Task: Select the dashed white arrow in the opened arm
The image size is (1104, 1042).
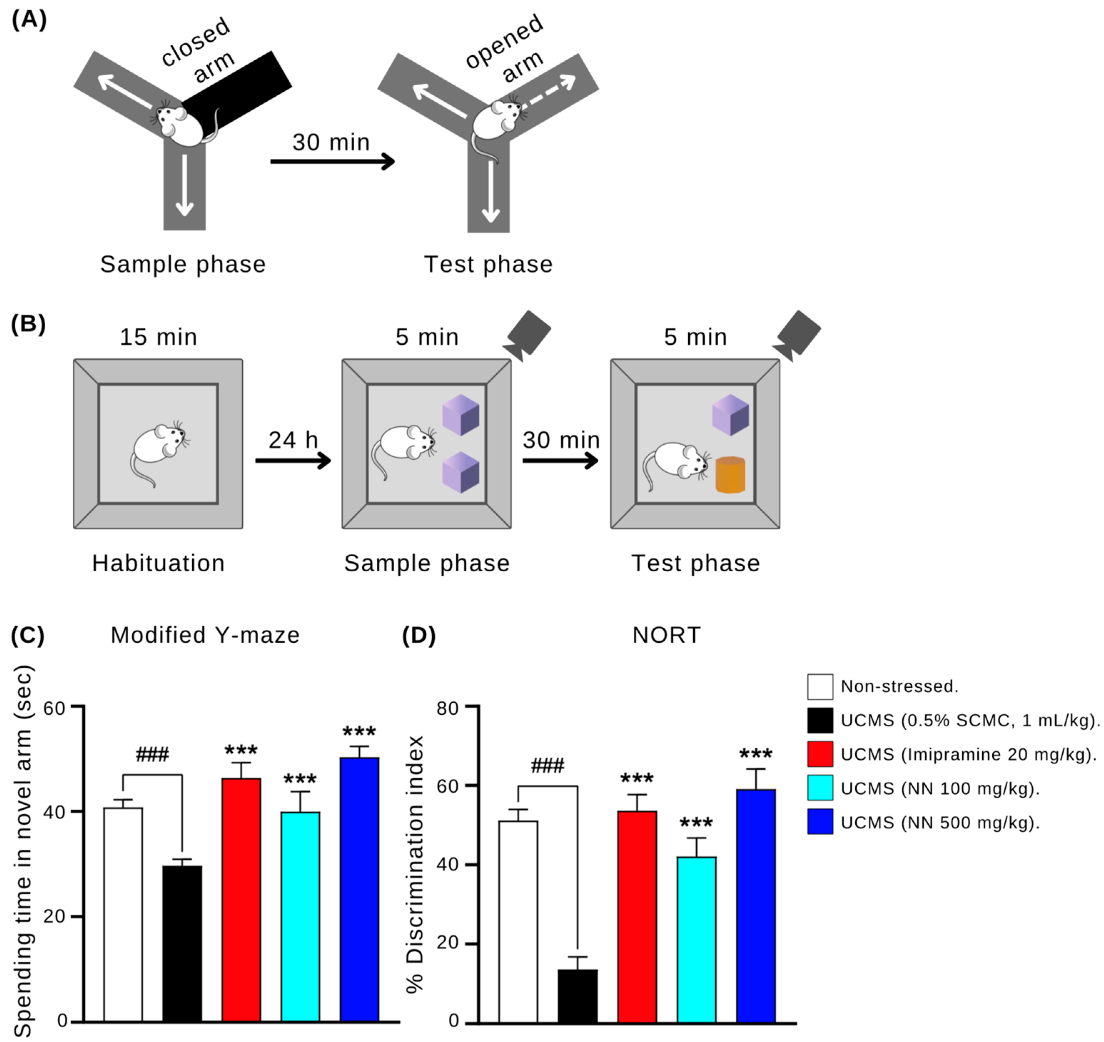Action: click(x=547, y=92)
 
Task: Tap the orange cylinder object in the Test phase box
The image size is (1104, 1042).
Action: click(x=730, y=475)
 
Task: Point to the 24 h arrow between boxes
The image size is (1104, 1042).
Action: click(x=293, y=460)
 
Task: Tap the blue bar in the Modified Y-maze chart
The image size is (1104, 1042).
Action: click(x=359, y=889)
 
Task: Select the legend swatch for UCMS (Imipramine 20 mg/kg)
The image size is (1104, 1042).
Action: click(x=820, y=754)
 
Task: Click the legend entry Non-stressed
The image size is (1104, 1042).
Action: click(x=899, y=687)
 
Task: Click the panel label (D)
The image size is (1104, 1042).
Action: click(x=419, y=635)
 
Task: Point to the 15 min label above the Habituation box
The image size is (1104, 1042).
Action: click(x=158, y=337)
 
